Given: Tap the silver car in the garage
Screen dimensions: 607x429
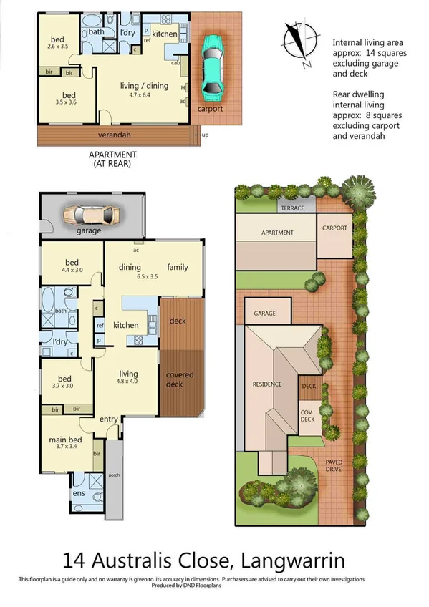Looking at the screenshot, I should click(x=94, y=215).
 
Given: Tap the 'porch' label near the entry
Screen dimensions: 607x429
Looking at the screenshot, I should click(x=114, y=474).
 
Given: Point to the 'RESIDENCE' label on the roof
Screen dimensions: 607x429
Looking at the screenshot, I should click(x=268, y=384).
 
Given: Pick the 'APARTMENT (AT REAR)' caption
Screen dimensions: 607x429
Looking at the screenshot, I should click(x=112, y=158).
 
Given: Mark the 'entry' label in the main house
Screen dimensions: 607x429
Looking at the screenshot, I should click(x=109, y=419).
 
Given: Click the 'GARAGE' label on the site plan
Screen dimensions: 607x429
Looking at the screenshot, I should click(x=265, y=314).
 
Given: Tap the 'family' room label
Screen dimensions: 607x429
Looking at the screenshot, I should click(x=178, y=268).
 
